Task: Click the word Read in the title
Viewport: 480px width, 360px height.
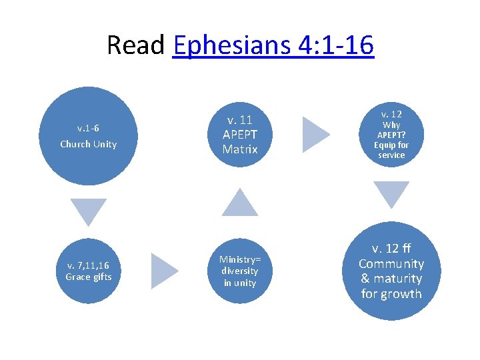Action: pos(136,45)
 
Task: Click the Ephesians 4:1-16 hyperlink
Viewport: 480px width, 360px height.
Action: pos(273,45)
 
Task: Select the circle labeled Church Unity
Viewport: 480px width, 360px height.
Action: pos(88,136)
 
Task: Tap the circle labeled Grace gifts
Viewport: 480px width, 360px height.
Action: pos(88,271)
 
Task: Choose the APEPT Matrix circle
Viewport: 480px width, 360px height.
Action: pos(240,135)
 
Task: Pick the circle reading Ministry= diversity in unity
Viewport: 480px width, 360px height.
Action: pos(240,271)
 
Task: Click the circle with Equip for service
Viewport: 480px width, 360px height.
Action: pos(391,135)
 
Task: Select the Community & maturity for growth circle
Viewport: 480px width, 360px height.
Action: pos(391,271)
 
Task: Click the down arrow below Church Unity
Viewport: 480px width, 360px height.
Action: pos(89,211)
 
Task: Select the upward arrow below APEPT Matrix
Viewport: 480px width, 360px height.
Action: pos(240,203)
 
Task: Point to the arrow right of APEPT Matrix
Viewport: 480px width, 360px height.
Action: pos(315,135)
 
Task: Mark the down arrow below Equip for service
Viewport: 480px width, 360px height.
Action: pos(391,195)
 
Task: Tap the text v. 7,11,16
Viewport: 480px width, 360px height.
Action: pos(88,266)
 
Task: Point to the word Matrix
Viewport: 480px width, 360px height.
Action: pos(240,149)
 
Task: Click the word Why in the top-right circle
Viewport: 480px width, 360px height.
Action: pos(391,125)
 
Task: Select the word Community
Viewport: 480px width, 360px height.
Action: pos(391,264)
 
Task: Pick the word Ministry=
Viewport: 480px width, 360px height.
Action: pos(240,259)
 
